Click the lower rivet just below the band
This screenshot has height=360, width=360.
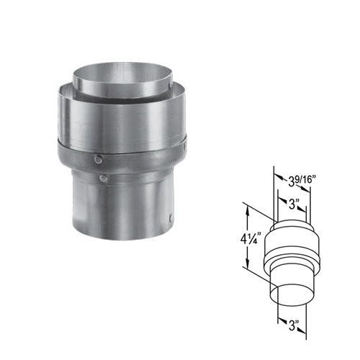point(104,177)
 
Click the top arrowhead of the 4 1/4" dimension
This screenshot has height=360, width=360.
point(247,207)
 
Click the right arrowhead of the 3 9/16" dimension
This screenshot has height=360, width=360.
point(310,189)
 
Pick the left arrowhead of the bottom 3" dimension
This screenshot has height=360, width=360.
point(277,320)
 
